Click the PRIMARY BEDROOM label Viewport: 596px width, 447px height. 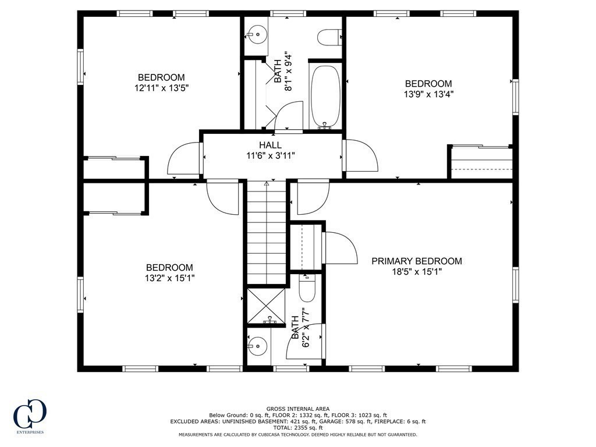(417, 261)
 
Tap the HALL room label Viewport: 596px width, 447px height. (270, 145)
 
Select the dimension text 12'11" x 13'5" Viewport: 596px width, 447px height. (161, 88)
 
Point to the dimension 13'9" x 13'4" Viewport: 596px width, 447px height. (428, 94)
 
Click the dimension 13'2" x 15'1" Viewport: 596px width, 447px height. (169, 278)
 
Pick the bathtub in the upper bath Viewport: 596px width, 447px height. (325, 96)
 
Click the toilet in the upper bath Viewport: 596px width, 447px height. (329, 37)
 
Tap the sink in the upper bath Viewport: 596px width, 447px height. (254, 36)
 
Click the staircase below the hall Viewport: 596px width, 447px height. (266, 233)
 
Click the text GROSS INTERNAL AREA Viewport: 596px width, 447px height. (297, 409)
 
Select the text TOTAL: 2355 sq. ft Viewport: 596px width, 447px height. (297, 428)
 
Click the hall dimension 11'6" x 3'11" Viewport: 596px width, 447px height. (270, 155)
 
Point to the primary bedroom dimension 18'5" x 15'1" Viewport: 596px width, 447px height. (417, 272)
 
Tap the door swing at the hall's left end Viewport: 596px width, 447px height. (183, 158)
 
